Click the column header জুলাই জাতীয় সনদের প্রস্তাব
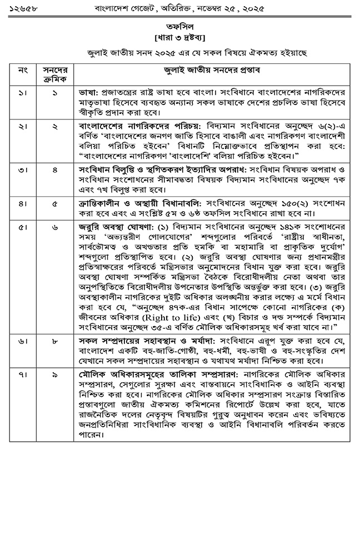pyautogui.click(x=208, y=71)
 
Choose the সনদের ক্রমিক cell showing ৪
pyautogui.click(x=55, y=169)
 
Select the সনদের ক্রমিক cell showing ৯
pyautogui.click(x=55, y=376)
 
